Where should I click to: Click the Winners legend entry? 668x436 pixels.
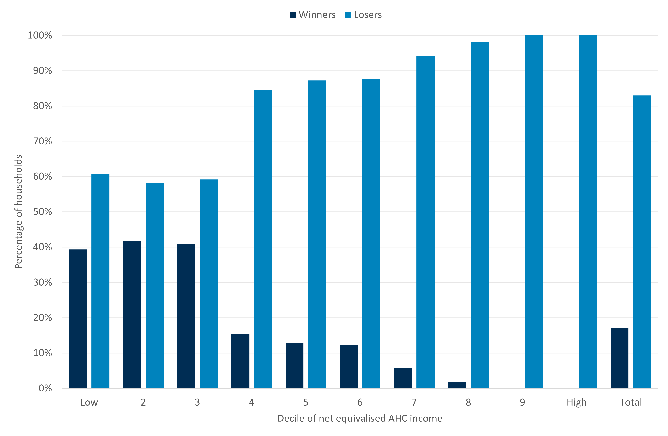click(313, 15)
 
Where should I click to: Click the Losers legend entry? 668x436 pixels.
click(364, 15)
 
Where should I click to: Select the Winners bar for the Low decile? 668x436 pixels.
click(78, 319)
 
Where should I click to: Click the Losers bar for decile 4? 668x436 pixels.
click(263, 239)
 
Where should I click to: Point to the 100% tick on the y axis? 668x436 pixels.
click(40, 35)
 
